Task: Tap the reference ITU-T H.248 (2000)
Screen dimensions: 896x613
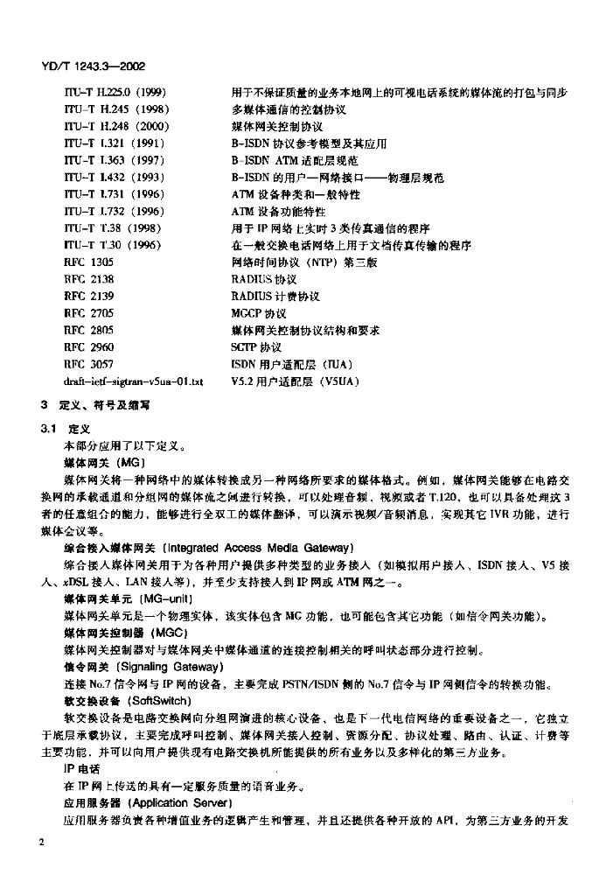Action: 116,127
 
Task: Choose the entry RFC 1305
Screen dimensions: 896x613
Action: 89,261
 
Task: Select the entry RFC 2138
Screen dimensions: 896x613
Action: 89,278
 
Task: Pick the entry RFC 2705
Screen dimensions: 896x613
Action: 89,312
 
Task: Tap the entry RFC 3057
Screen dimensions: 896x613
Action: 89,363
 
